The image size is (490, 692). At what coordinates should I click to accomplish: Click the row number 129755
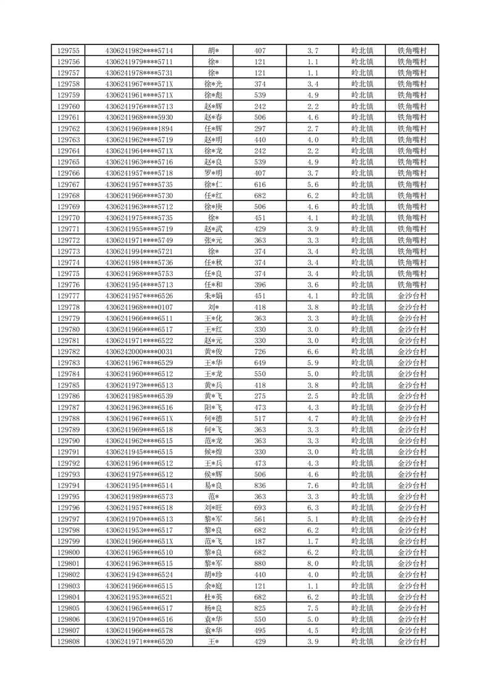[68, 51]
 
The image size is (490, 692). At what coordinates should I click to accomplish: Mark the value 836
[260, 485]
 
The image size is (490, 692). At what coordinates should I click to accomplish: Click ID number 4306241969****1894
[139, 129]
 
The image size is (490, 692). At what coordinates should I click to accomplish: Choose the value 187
[260, 541]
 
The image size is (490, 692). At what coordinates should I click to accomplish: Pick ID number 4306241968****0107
[139, 307]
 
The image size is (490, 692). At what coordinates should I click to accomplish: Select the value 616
[260, 184]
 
